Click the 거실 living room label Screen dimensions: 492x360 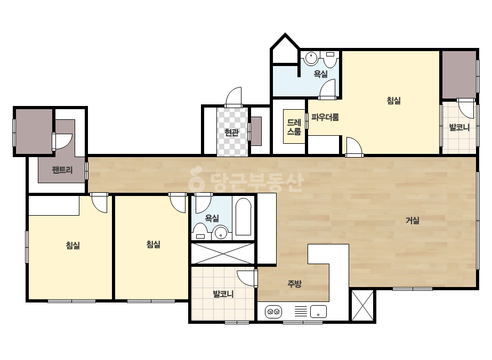(x=412, y=220)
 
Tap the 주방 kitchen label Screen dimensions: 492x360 (x=294, y=284)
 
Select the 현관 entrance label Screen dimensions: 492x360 (x=231, y=132)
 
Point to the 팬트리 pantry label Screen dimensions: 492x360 (x=62, y=170)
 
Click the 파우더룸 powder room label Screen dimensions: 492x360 (x=325, y=118)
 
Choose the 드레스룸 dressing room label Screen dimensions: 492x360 (x=294, y=127)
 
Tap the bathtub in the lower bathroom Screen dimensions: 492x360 (x=244, y=217)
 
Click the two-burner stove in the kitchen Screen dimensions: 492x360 (x=273, y=312)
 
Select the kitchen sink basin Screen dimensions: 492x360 (x=318, y=312)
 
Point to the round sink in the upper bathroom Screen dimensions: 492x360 (x=311, y=59)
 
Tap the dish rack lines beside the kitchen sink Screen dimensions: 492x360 (x=301, y=312)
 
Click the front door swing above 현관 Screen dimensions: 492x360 (x=233, y=97)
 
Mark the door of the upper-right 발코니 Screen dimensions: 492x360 (x=466, y=109)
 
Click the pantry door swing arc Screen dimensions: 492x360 (x=63, y=142)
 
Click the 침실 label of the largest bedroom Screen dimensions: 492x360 (x=393, y=100)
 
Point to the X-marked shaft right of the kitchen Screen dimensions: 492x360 (x=362, y=306)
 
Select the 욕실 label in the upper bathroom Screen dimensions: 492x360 (x=321, y=74)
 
